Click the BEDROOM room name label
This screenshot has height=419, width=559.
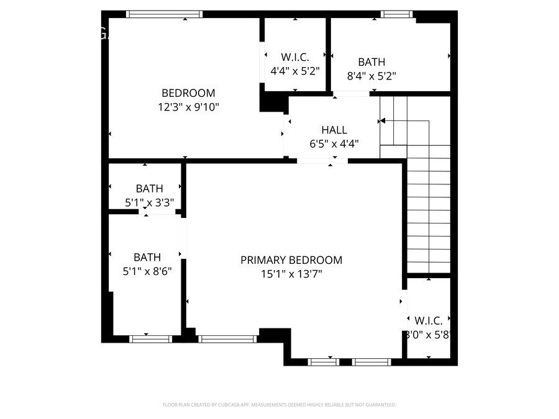[x=188, y=93]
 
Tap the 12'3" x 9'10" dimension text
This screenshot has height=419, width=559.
[x=188, y=107]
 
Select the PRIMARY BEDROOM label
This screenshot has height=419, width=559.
[x=291, y=260]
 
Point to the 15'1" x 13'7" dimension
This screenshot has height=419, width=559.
[x=291, y=274]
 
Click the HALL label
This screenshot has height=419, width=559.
[x=334, y=130]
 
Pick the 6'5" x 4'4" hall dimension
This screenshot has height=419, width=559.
[x=334, y=144]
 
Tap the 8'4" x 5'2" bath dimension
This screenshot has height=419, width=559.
[x=371, y=76]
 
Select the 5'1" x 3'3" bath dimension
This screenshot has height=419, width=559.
[x=149, y=202]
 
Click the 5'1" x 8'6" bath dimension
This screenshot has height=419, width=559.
[x=147, y=271]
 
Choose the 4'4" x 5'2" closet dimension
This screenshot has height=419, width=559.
[x=295, y=71]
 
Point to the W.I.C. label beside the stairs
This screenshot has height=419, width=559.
[x=429, y=321]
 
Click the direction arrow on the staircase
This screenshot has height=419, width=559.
[x=383, y=120]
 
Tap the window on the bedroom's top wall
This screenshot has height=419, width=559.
[x=165, y=14]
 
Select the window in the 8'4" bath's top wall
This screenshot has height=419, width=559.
[x=397, y=14]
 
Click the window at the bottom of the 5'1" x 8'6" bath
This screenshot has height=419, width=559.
[x=150, y=339]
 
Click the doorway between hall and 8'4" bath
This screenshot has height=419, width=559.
[x=352, y=94]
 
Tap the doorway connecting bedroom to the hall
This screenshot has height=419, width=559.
[x=286, y=133]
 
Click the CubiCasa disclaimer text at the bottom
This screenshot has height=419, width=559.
[x=279, y=405]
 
